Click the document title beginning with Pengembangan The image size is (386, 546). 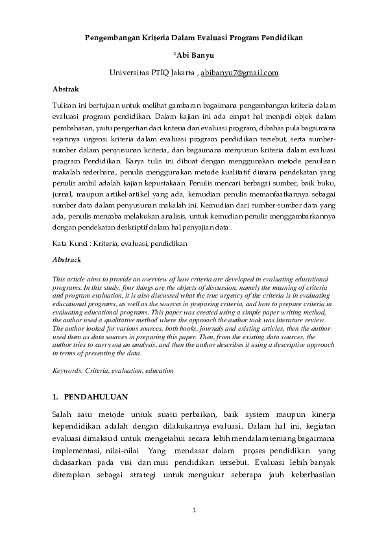tap(194, 38)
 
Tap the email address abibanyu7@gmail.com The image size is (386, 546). tap(239, 73)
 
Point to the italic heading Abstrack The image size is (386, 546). tap(66, 259)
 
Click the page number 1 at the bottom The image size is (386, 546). tap(194, 511)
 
